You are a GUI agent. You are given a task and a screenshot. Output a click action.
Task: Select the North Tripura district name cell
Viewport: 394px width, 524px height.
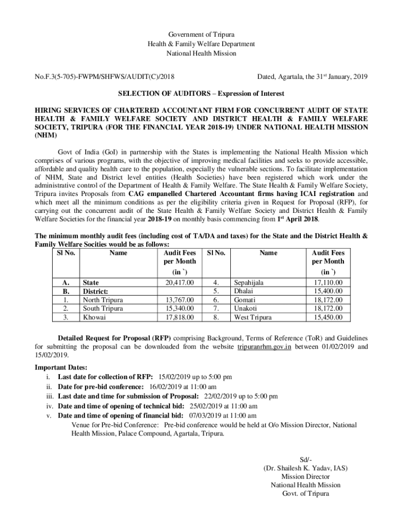(103, 300)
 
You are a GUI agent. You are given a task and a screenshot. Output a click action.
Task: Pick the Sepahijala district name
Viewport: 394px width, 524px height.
(249, 282)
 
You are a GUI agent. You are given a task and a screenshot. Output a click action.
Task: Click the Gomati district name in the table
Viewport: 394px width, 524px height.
(245, 300)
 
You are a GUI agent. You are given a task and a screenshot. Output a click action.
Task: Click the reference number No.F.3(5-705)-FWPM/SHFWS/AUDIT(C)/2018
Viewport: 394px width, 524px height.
(104, 77)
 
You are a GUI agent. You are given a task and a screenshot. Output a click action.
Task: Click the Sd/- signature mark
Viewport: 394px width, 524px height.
(305, 459)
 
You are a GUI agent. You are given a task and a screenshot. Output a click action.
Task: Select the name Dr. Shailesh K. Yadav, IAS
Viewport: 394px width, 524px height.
(305, 468)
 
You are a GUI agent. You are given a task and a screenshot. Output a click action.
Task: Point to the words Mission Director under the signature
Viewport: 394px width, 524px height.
(305, 476)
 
